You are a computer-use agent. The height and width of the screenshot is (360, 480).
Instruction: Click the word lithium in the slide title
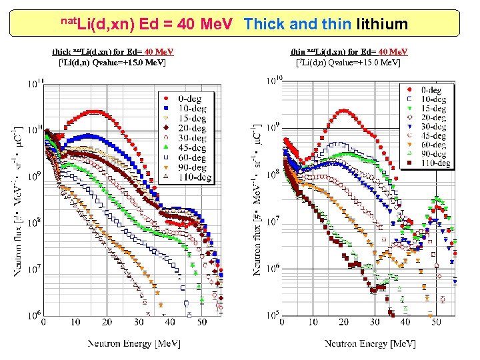point(382,25)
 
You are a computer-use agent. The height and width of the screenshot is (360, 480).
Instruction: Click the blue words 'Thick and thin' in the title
point(297,25)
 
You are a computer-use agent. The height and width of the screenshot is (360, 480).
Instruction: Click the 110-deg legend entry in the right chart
point(427,163)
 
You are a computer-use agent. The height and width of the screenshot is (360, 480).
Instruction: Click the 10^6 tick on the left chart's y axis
point(35,313)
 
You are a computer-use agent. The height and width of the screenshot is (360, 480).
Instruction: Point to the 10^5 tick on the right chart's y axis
point(273,314)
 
